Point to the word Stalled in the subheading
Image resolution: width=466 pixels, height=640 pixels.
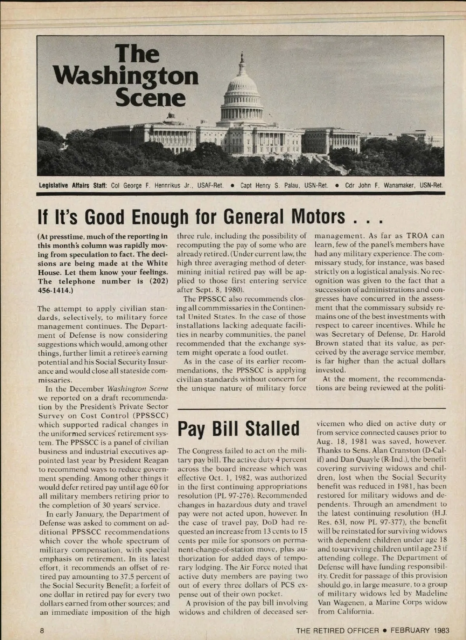coord(272,428)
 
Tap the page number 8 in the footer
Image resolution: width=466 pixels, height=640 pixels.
coord(42,630)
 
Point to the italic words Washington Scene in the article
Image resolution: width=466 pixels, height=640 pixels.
coord(137,388)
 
